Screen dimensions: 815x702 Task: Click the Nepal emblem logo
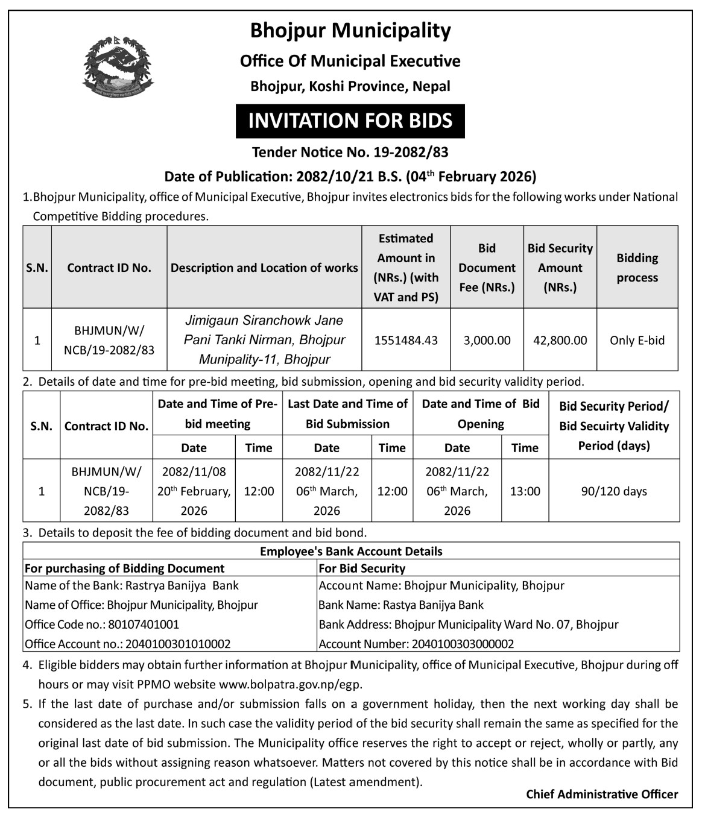[118, 67]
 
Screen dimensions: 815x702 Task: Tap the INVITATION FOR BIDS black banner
[350, 121]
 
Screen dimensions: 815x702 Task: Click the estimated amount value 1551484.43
[406, 340]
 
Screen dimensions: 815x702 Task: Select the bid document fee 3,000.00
[487, 340]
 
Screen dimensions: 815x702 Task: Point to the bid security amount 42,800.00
[560, 340]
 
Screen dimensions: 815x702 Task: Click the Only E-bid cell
[637, 340]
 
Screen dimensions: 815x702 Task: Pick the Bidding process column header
[637, 268]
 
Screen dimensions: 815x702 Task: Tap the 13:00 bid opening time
[525, 491]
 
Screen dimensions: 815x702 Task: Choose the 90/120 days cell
[614, 491]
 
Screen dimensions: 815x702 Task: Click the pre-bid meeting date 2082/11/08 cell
[194, 491]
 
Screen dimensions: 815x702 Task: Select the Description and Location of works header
[264, 268]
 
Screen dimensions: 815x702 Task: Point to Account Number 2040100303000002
[463, 644]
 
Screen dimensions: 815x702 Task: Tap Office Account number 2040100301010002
[178, 644]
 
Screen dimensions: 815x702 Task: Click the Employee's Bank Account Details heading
[351, 551]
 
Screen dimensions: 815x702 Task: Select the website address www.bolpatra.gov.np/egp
[291, 684]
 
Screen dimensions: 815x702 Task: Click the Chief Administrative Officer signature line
[602, 794]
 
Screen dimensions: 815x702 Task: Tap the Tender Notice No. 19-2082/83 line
[350, 152]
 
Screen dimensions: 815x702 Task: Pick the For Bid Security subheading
[362, 568]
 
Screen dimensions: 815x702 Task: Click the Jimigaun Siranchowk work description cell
[264, 340]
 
